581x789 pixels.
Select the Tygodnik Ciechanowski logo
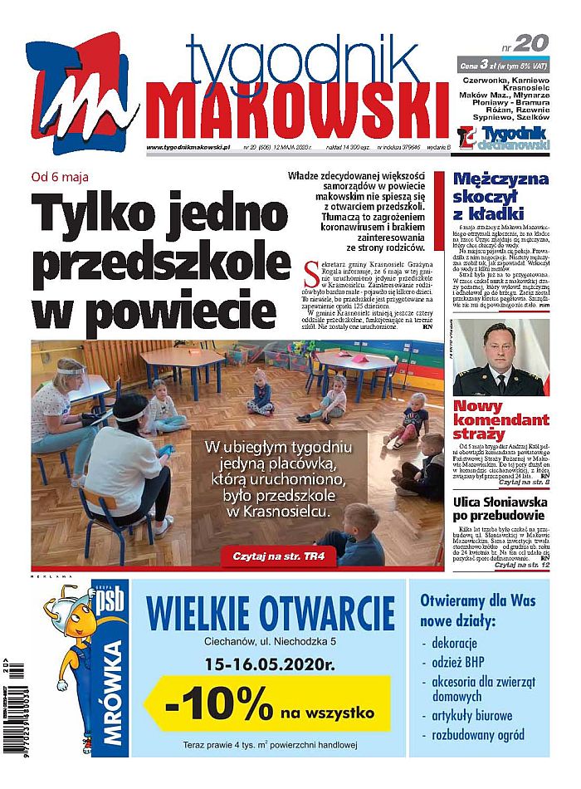504,139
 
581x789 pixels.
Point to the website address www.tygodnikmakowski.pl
187,147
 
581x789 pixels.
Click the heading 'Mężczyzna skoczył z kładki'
500,197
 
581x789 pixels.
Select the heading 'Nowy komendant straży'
500,420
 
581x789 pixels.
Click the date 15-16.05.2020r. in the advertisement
270,664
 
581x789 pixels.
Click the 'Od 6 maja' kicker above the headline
59,176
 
